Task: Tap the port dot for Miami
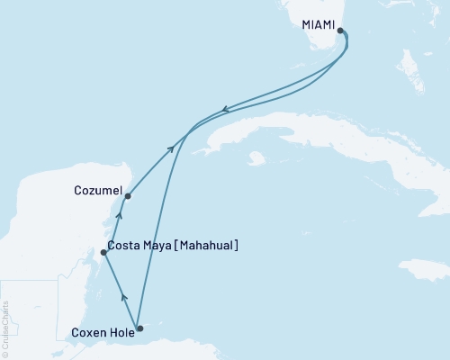340,31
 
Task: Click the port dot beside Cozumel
128,195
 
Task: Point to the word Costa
123,246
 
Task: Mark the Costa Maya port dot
104,253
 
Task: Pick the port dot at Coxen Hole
139,328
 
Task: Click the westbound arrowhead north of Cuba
225,110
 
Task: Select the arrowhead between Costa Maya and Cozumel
120,216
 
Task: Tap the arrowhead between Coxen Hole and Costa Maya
123,297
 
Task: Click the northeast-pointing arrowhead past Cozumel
171,148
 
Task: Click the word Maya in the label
157,246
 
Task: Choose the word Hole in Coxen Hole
121,333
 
